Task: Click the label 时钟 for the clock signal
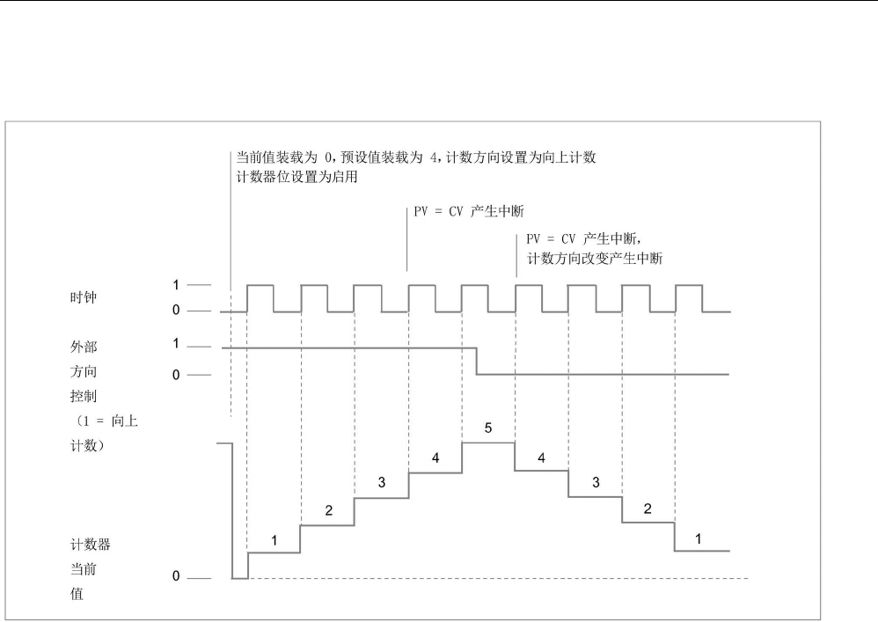click(x=71, y=298)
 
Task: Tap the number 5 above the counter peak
click(x=488, y=428)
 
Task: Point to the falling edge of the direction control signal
click(x=477, y=362)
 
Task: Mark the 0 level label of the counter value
click(x=175, y=578)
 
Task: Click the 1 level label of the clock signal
click(x=175, y=285)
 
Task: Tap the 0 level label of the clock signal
click(x=175, y=311)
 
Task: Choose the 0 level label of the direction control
click(x=175, y=375)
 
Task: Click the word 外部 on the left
click(x=71, y=348)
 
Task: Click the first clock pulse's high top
click(x=260, y=285)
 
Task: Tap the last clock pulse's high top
click(x=689, y=285)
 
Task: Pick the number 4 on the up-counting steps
click(x=435, y=457)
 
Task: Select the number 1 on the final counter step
click(x=699, y=538)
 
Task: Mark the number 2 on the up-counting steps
click(x=328, y=510)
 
